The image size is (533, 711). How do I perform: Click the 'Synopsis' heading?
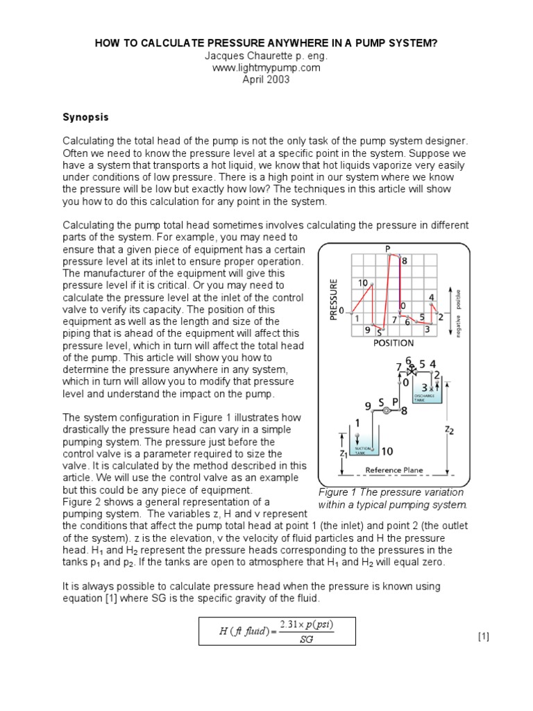click(x=86, y=117)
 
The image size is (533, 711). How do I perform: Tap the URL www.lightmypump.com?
click(x=266, y=67)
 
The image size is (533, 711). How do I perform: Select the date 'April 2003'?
click(x=266, y=79)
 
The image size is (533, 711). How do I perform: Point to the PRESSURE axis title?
click(x=335, y=299)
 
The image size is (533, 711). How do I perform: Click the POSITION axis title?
click(x=393, y=342)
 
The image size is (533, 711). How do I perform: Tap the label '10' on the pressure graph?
click(x=363, y=283)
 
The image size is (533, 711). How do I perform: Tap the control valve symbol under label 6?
click(x=412, y=372)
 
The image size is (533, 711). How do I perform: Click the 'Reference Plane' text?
click(x=394, y=470)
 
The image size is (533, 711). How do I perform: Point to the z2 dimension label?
click(x=449, y=429)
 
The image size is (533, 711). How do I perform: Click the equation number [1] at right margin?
click(x=484, y=637)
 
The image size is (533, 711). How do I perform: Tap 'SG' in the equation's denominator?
click(x=306, y=639)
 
